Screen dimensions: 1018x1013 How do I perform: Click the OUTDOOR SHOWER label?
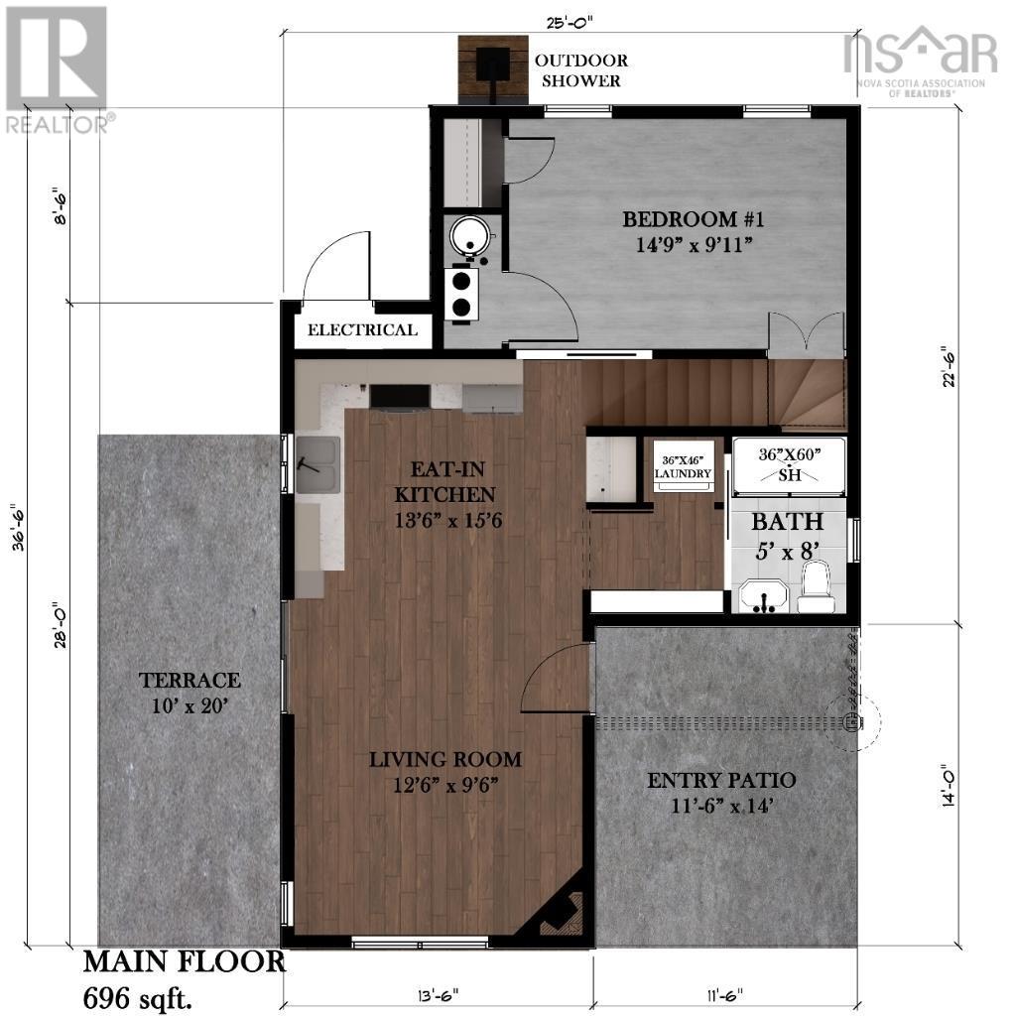(x=580, y=70)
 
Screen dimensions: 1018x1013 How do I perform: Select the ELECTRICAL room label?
(x=362, y=330)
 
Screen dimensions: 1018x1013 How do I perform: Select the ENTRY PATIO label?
(x=720, y=793)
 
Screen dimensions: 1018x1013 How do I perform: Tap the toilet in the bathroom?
(x=815, y=588)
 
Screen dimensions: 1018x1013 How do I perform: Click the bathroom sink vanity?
(x=762, y=598)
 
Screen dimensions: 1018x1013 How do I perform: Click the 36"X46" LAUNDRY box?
(x=683, y=466)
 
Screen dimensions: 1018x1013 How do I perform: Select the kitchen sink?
(x=318, y=464)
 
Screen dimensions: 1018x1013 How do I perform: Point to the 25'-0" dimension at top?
(x=571, y=20)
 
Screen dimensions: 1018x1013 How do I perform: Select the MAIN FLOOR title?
(x=185, y=961)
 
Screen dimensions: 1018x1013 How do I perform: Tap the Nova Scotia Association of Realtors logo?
(x=919, y=60)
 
